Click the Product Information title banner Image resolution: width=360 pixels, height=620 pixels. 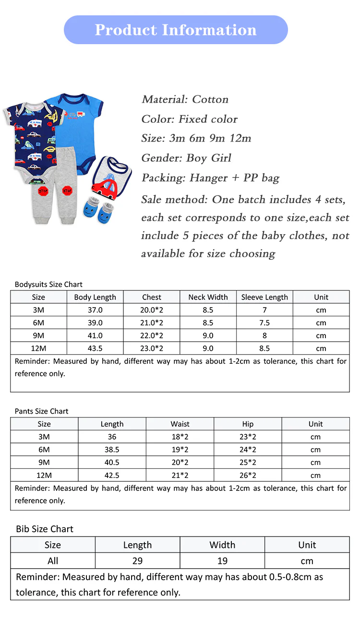click(176, 30)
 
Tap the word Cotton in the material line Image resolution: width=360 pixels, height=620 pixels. click(210, 99)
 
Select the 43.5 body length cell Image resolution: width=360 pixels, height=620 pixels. click(95, 348)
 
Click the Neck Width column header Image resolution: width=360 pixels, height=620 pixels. click(208, 297)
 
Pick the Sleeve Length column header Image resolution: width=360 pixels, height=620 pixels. click(264, 297)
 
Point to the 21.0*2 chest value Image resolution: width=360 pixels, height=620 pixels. click(152, 322)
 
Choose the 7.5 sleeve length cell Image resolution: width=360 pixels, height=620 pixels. click(264, 322)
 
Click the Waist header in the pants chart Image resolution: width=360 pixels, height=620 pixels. click(180, 424)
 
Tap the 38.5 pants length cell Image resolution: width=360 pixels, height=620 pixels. click(112, 450)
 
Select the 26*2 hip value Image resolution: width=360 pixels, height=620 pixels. click(248, 475)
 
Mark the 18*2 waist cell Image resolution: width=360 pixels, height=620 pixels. click(180, 437)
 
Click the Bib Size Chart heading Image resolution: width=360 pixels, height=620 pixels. click(45, 529)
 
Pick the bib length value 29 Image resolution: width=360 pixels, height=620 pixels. click(137, 560)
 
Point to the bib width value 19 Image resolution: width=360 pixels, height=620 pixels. click(222, 560)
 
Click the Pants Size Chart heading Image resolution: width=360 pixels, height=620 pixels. click(41, 411)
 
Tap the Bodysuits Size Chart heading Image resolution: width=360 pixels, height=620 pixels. click(48, 284)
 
